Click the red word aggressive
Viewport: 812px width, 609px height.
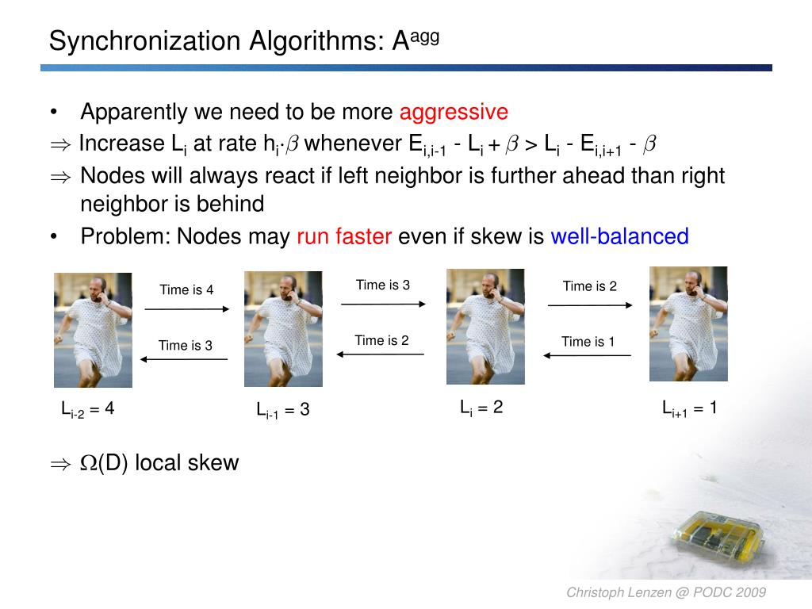454,112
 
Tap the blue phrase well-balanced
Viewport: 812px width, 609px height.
619,236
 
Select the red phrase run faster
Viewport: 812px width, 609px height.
344,236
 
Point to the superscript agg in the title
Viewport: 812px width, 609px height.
424,36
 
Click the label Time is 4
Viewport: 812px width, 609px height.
186,289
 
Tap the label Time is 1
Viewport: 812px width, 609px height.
588,342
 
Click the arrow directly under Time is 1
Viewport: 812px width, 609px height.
588,355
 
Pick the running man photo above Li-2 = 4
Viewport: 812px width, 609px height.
93,330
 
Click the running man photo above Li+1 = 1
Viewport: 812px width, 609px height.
688,324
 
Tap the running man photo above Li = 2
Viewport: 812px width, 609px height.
485,326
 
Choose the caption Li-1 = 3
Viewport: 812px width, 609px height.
282,410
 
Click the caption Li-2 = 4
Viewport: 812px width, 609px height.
88,409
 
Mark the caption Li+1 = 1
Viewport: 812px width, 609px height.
689,408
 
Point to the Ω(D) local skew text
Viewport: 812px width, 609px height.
159,463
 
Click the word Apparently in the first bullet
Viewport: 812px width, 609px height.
133,112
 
